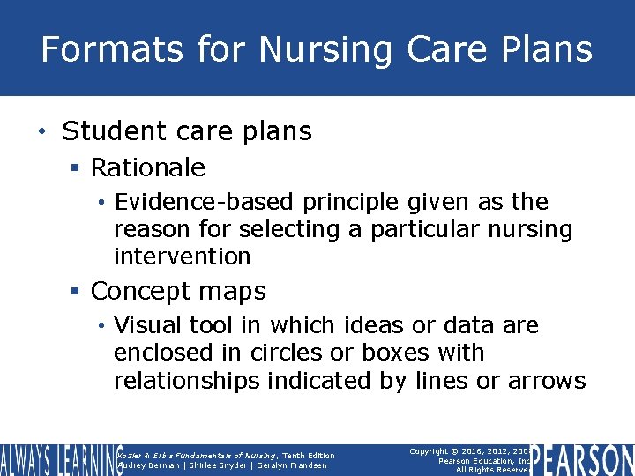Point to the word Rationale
pos(148,167)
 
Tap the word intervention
pos(183,257)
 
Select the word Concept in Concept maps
pos(141,291)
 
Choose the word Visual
pos(146,325)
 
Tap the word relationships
pos(187,381)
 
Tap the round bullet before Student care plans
pos(43,132)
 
